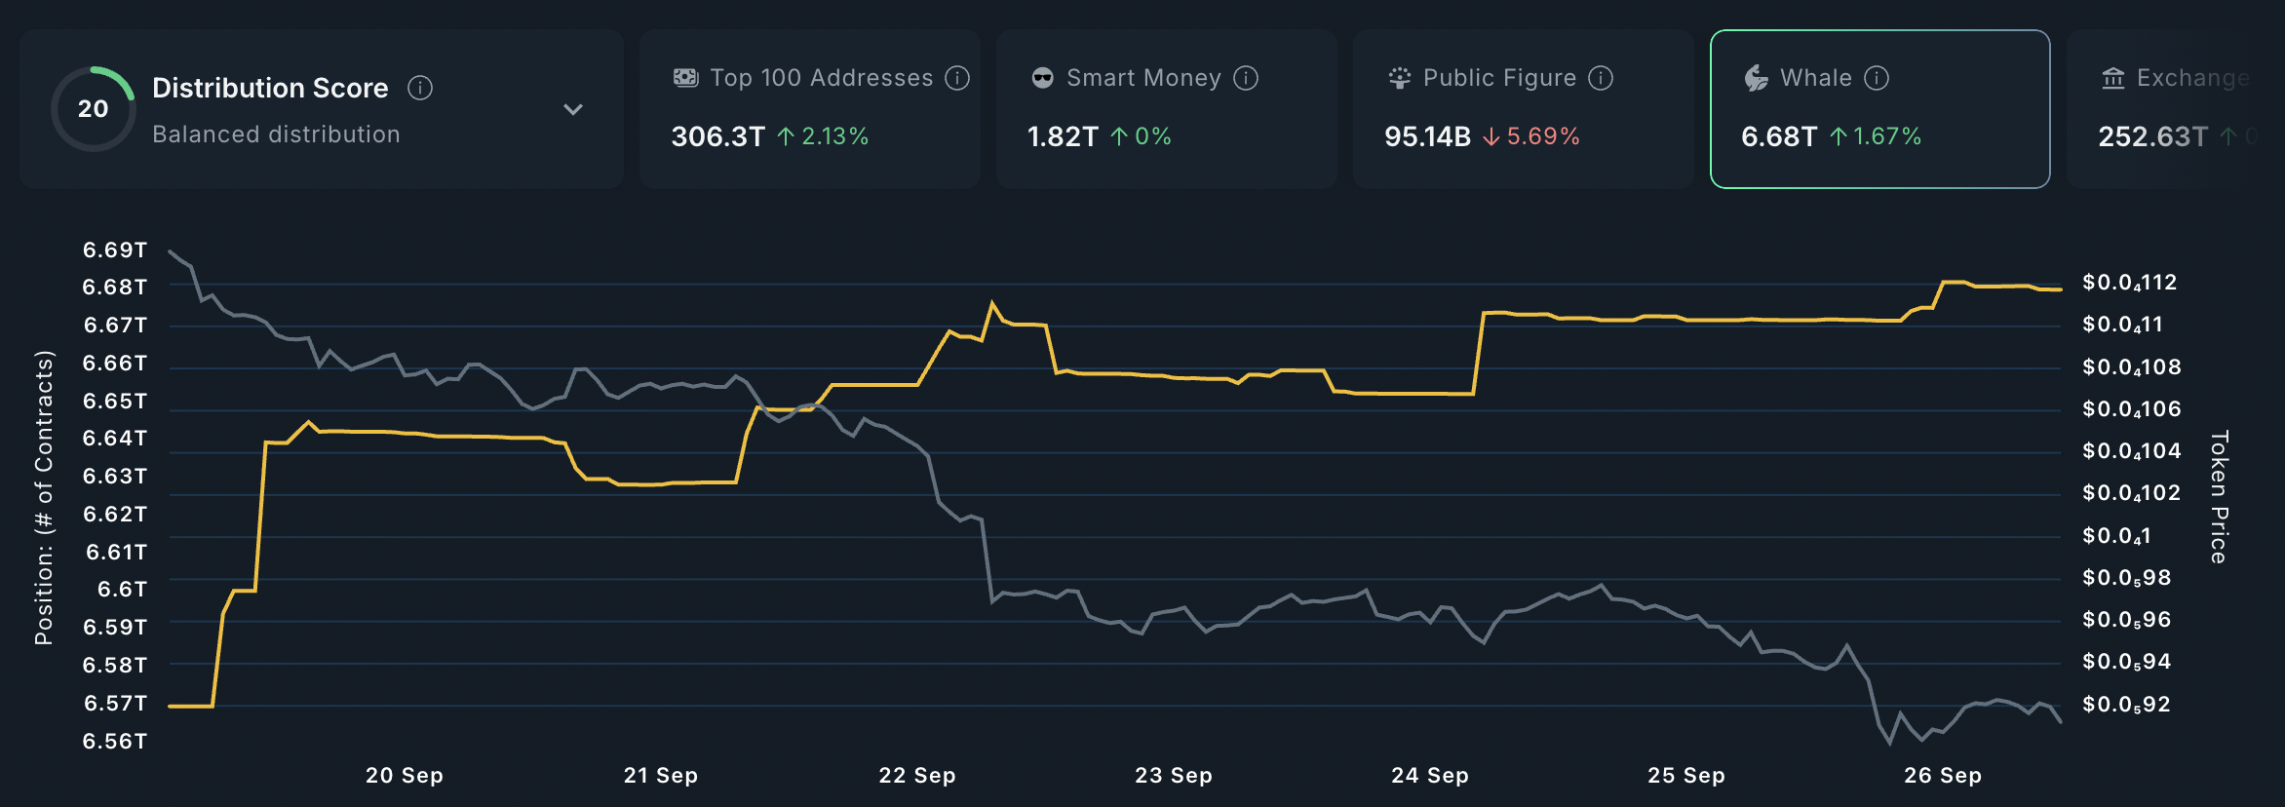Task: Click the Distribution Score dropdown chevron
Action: (x=573, y=109)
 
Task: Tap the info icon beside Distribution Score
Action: (x=420, y=88)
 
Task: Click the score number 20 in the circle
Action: (x=94, y=109)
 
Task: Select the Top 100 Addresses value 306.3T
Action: (x=717, y=136)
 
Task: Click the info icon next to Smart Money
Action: (x=1246, y=78)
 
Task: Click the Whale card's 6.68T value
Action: (x=1778, y=136)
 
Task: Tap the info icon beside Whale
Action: (x=1877, y=78)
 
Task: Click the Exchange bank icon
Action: (x=2113, y=78)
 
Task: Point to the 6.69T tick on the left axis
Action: (x=115, y=250)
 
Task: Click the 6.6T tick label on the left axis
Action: (x=122, y=590)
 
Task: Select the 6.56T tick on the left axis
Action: (x=115, y=742)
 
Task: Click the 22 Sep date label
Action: (x=916, y=776)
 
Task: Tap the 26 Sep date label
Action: (x=1942, y=776)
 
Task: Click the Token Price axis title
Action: (x=2219, y=497)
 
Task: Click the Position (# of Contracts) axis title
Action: (x=44, y=497)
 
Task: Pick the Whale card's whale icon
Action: (x=1756, y=78)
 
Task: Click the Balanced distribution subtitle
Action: (x=276, y=134)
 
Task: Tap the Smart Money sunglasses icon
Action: (x=1042, y=78)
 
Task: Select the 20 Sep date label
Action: (x=404, y=776)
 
